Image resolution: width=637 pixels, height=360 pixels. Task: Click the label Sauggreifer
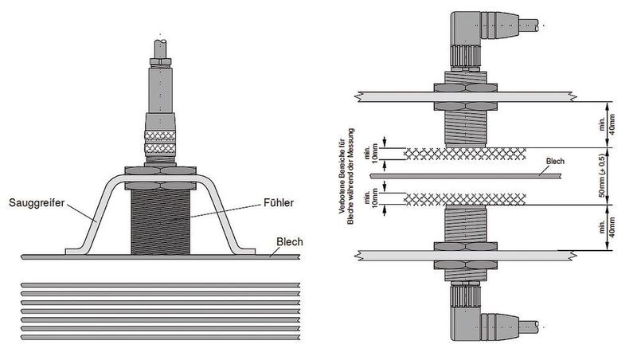pos(37,203)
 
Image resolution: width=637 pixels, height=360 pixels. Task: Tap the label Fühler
pos(278,203)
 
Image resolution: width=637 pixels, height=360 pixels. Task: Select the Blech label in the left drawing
pos(290,242)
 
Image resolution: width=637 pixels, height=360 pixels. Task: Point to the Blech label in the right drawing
pos(555,162)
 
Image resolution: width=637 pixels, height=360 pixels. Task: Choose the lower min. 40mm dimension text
pos(607,228)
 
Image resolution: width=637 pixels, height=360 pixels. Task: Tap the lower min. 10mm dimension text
pos(371,198)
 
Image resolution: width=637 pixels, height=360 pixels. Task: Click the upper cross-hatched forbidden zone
pos(465,154)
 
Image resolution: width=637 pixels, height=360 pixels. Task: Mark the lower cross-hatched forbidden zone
pos(465,199)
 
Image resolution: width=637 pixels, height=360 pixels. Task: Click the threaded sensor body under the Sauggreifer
pos(161,222)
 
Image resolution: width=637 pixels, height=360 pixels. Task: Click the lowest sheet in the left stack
pos(161,337)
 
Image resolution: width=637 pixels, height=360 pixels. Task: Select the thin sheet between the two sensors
pos(466,176)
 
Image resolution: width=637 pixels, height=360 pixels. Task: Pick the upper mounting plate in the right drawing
pos(465,96)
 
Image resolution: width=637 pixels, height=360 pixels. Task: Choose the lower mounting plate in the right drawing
pos(465,255)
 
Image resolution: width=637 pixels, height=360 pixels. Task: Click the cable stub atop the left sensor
pos(161,49)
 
